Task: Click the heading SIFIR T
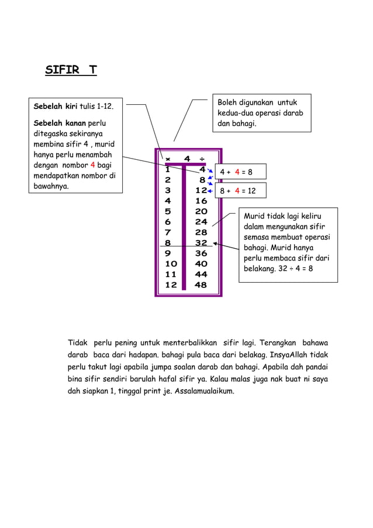pyautogui.click(x=71, y=71)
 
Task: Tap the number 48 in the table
pyautogui.click(x=201, y=285)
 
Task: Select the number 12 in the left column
pyautogui.click(x=171, y=285)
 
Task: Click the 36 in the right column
pyautogui.click(x=201, y=253)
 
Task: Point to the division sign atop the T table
pyautogui.click(x=202, y=159)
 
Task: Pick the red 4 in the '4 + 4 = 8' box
pyautogui.click(x=237, y=173)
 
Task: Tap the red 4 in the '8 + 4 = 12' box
pyautogui.click(x=237, y=191)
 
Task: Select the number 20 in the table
pyautogui.click(x=201, y=211)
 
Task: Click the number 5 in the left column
pyautogui.click(x=168, y=211)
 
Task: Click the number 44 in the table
pyautogui.click(x=201, y=275)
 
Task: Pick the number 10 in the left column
pyautogui.click(x=171, y=264)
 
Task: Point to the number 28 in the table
pyautogui.click(x=201, y=232)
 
